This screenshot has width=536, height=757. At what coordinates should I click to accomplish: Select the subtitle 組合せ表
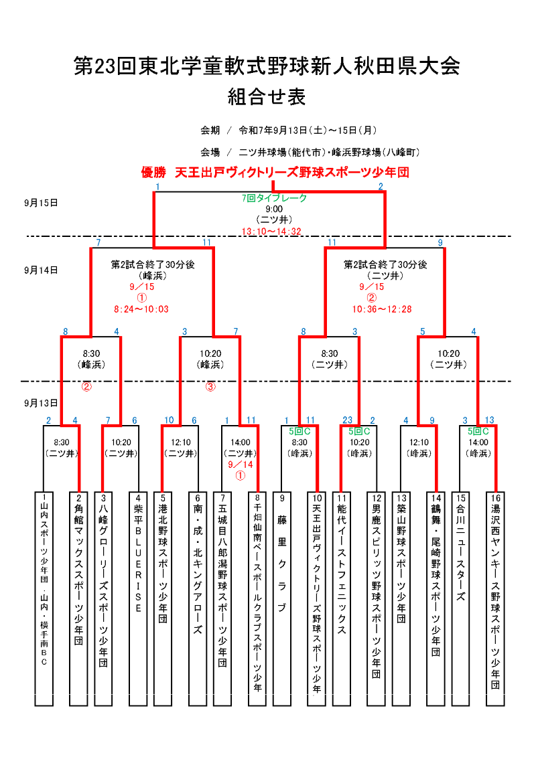point(267,98)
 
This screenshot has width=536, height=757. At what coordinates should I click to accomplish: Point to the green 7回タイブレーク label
point(275,198)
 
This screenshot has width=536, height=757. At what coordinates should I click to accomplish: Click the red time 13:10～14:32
point(271,231)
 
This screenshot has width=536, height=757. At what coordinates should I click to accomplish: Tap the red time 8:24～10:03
point(141,309)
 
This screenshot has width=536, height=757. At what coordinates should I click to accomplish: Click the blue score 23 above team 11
point(347,420)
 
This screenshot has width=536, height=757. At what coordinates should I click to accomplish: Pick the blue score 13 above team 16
point(490,420)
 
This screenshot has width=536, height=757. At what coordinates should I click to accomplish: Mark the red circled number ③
point(210,386)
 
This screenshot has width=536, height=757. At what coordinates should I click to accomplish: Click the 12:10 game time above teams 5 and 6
point(181,442)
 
